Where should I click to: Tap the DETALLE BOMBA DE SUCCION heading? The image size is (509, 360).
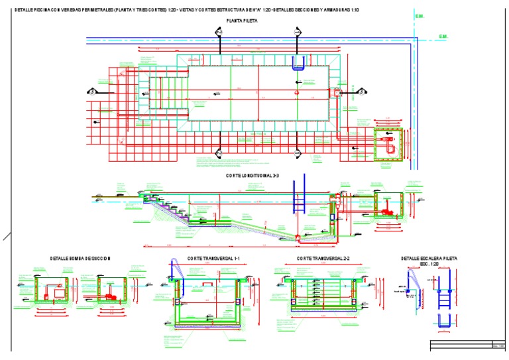click(x=80, y=258)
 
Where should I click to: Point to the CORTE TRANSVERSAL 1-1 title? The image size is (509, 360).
click(x=213, y=257)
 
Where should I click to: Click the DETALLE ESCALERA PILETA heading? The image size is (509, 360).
click(x=429, y=258)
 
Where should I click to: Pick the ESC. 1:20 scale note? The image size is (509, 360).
click(x=429, y=264)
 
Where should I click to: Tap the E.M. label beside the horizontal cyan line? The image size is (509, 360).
click(x=443, y=36)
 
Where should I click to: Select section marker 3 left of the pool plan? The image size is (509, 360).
click(x=93, y=92)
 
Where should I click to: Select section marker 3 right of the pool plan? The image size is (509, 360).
click(x=362, y=92)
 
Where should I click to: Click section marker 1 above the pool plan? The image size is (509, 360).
click(x=218, y=32)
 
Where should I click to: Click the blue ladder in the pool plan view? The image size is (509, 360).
click(x=299, y=63)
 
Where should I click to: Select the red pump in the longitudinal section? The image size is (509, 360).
click(x=386, y=211)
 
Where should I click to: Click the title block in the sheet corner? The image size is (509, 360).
click(x=467, y=345)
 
